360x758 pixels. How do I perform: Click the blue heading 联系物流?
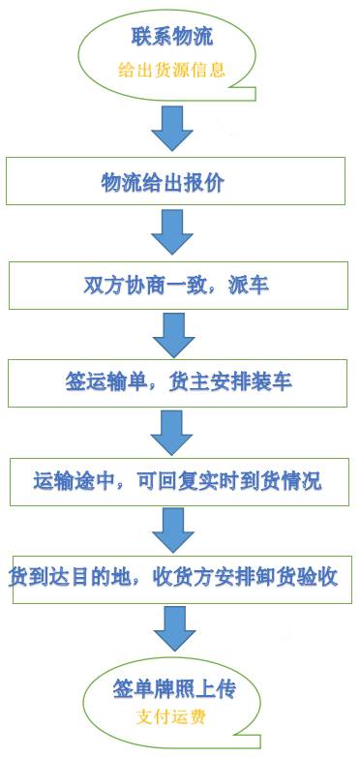tap(171, 38)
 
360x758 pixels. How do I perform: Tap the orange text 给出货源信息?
tap(171, 70)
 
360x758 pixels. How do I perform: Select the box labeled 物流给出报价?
tap(175, 183)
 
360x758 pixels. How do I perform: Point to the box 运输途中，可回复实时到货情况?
tap(177, 481)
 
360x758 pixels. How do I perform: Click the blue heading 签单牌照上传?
tap(173, 691)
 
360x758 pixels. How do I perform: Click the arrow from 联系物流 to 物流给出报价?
tap(173, 128)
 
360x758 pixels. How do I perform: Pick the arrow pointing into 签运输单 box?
tap(173, 333)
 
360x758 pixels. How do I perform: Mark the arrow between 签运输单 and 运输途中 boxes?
tap(173, 432)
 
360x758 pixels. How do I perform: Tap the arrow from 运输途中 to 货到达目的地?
tap(173, 530)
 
